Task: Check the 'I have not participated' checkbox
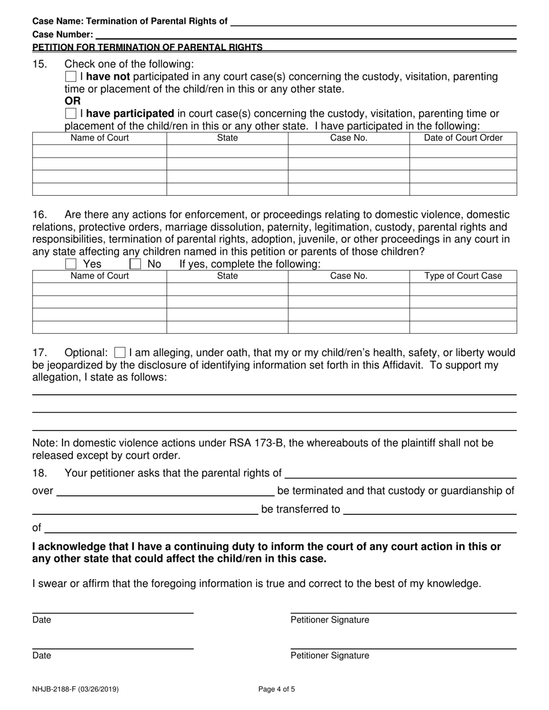[71, 77]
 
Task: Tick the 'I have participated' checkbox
[71, 113]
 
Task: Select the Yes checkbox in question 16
[71, 264]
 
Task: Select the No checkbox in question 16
[135, 264]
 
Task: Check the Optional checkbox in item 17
[120, 352]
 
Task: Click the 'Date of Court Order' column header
[463, 138]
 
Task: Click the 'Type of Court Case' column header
[463, 276]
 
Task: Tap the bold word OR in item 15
[72, 101]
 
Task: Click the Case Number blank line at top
[306, 34]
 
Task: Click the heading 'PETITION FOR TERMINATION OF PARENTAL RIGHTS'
[147, 47]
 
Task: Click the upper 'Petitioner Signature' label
[329, 620]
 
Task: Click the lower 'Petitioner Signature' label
[329, 656]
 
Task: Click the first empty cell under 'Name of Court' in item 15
[99, 151]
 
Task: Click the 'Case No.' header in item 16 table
[348, 276]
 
